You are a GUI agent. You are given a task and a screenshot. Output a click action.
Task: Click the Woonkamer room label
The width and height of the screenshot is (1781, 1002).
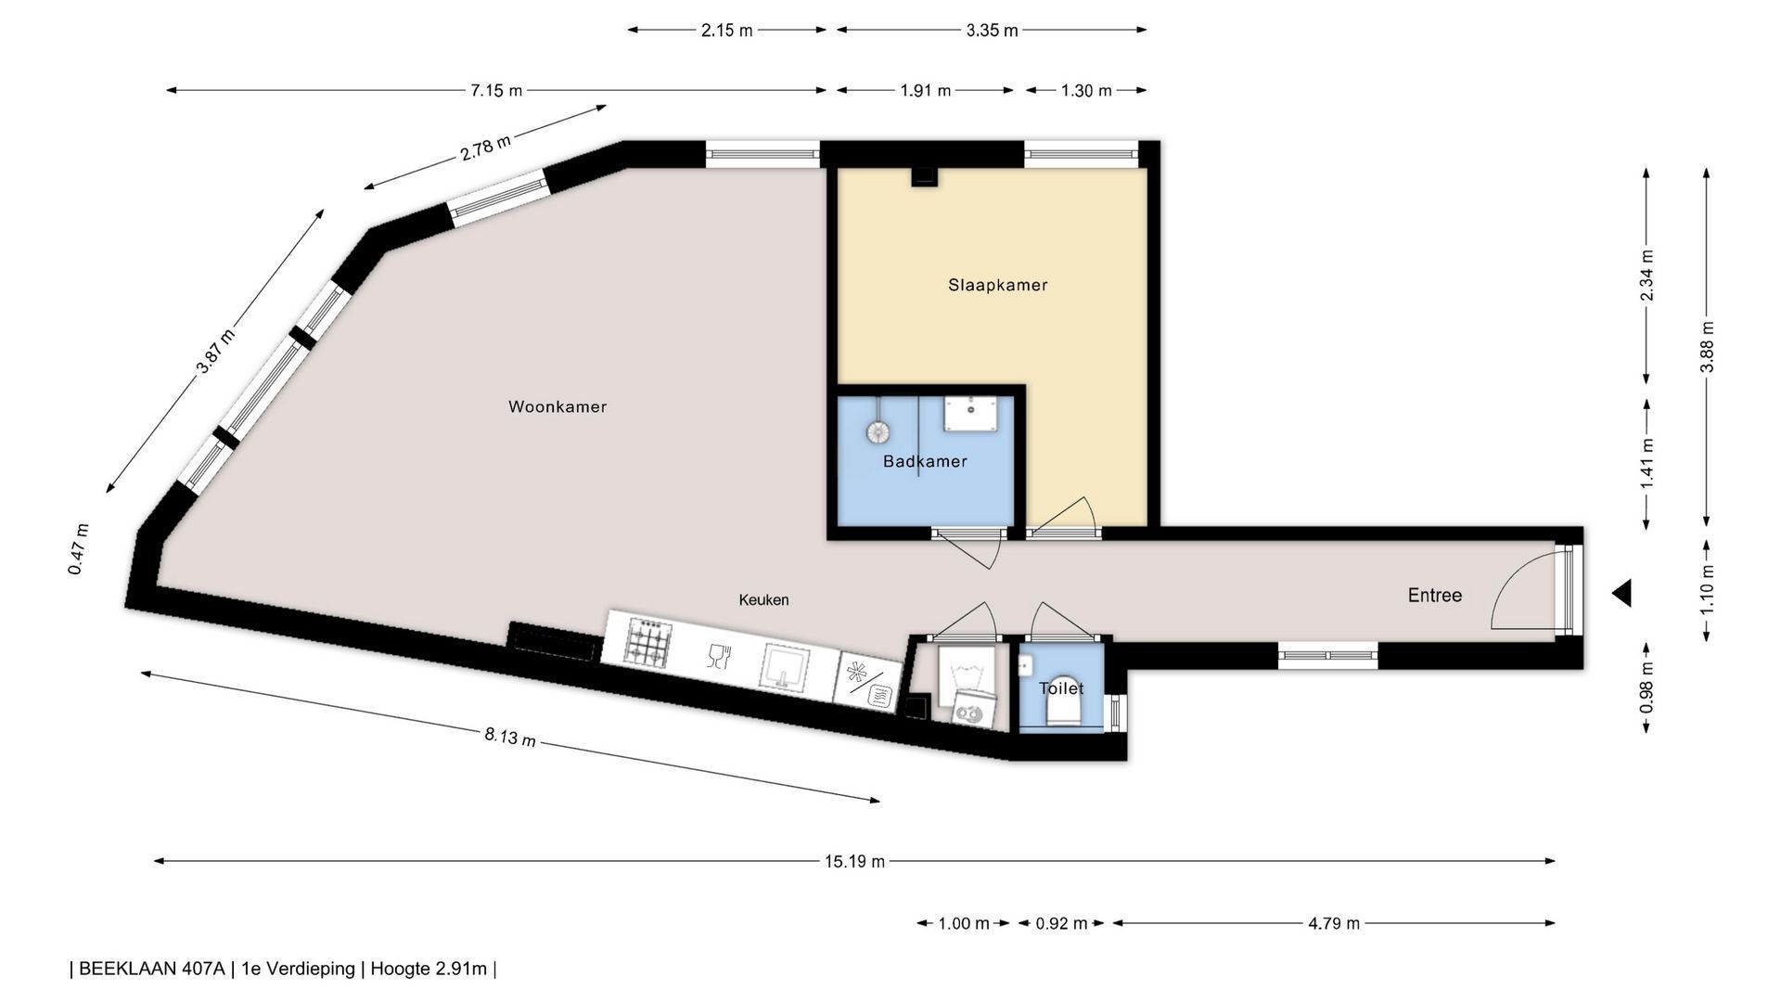[557, 406]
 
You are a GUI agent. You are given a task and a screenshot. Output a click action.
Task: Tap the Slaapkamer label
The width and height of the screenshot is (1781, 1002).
[998, 285]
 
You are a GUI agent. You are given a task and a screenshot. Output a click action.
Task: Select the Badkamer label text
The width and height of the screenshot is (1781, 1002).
[925, 461]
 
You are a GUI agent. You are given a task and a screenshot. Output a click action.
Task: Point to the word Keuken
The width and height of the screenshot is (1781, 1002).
[763, 600]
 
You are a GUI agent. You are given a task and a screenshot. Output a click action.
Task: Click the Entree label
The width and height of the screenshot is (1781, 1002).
[1435, 596]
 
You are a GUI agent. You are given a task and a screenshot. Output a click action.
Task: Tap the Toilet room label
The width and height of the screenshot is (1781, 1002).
[1061, 688]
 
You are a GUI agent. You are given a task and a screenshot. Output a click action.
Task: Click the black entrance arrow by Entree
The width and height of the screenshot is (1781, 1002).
[1621, 593]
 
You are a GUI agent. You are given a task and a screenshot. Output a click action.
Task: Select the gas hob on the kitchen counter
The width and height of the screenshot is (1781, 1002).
[647, 642]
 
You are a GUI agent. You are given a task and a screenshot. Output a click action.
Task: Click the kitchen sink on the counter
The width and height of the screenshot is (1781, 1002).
[785, 667]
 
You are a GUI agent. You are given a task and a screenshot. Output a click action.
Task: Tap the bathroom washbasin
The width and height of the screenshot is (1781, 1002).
[970, 414]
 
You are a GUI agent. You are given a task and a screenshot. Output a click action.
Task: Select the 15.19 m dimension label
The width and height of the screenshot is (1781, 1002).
[854, 861]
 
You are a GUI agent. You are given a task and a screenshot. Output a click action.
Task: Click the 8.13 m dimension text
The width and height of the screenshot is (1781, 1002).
[509, 737]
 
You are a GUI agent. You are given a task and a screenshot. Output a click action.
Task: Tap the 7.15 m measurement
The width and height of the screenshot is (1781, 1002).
[495, 90]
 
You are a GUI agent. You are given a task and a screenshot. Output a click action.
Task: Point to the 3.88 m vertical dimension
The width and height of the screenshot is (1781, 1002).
[1707, 346]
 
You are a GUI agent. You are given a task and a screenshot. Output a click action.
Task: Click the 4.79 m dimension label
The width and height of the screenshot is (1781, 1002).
[1333, 923]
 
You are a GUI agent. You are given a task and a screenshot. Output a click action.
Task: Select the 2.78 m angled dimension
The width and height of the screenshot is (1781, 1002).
[485, 148]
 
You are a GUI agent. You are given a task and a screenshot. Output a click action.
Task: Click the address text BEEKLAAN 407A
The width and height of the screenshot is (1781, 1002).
[152, 969]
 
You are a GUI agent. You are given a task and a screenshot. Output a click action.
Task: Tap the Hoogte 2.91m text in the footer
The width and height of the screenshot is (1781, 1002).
[429, 969]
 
